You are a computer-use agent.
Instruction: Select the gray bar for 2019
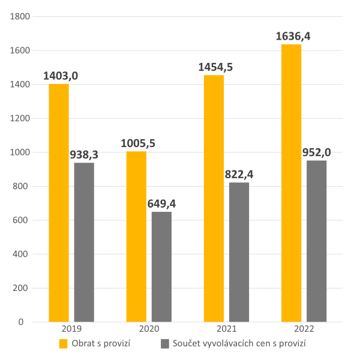(x=84, y=242)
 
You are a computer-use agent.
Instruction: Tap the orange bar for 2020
(x=136, y=236)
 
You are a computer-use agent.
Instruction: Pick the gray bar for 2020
(x=161, y=267)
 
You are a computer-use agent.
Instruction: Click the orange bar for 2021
(x=214, y=199)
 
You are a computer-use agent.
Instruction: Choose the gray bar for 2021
(x=239, y=252)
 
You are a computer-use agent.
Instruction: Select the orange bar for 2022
(x=291, y=183)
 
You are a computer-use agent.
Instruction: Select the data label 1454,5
(x=215, y=67)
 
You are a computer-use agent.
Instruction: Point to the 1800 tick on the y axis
(x=19, y=17)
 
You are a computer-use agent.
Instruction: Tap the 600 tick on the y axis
(x=22, y=220)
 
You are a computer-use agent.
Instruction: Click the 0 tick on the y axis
(x=28, y=322)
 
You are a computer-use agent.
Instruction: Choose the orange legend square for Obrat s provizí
(x=63, y=344)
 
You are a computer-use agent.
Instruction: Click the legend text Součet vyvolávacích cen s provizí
(x=239, y=344)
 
